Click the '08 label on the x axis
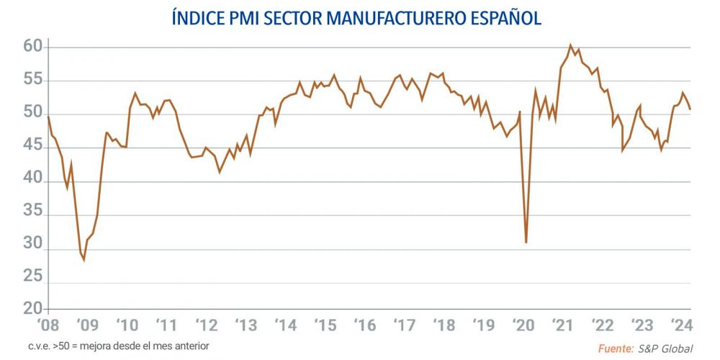pyautogui.click(x=48, y=325)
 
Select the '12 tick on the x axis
pyautogui.click(x=207, y=325)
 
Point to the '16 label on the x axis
pyautogui.click(x=366, y=325)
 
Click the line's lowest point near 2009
pyautogui.click(x=84, y=259)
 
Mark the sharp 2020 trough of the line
pyautogui.click(x=526, y=243)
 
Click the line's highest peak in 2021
pyautogui.click(x=570, y=45)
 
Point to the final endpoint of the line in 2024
pyautogui.click(x=690, y=109)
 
